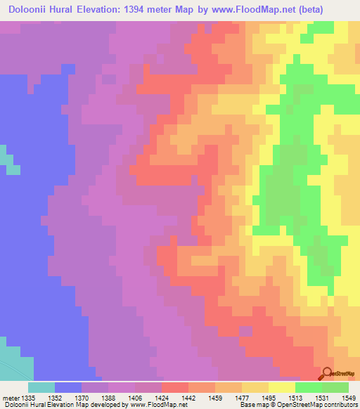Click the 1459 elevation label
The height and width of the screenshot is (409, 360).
pos(215,398)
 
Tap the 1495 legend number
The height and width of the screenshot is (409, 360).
pos(266,398)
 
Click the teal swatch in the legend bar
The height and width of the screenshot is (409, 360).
pos(41,387)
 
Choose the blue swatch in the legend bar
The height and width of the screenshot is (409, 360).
pos(68,387)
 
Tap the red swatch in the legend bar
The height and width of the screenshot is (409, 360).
pos(175,387)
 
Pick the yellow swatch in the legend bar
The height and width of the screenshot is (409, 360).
pos(282,387)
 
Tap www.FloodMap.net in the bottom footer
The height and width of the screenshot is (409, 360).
pos(155,405)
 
